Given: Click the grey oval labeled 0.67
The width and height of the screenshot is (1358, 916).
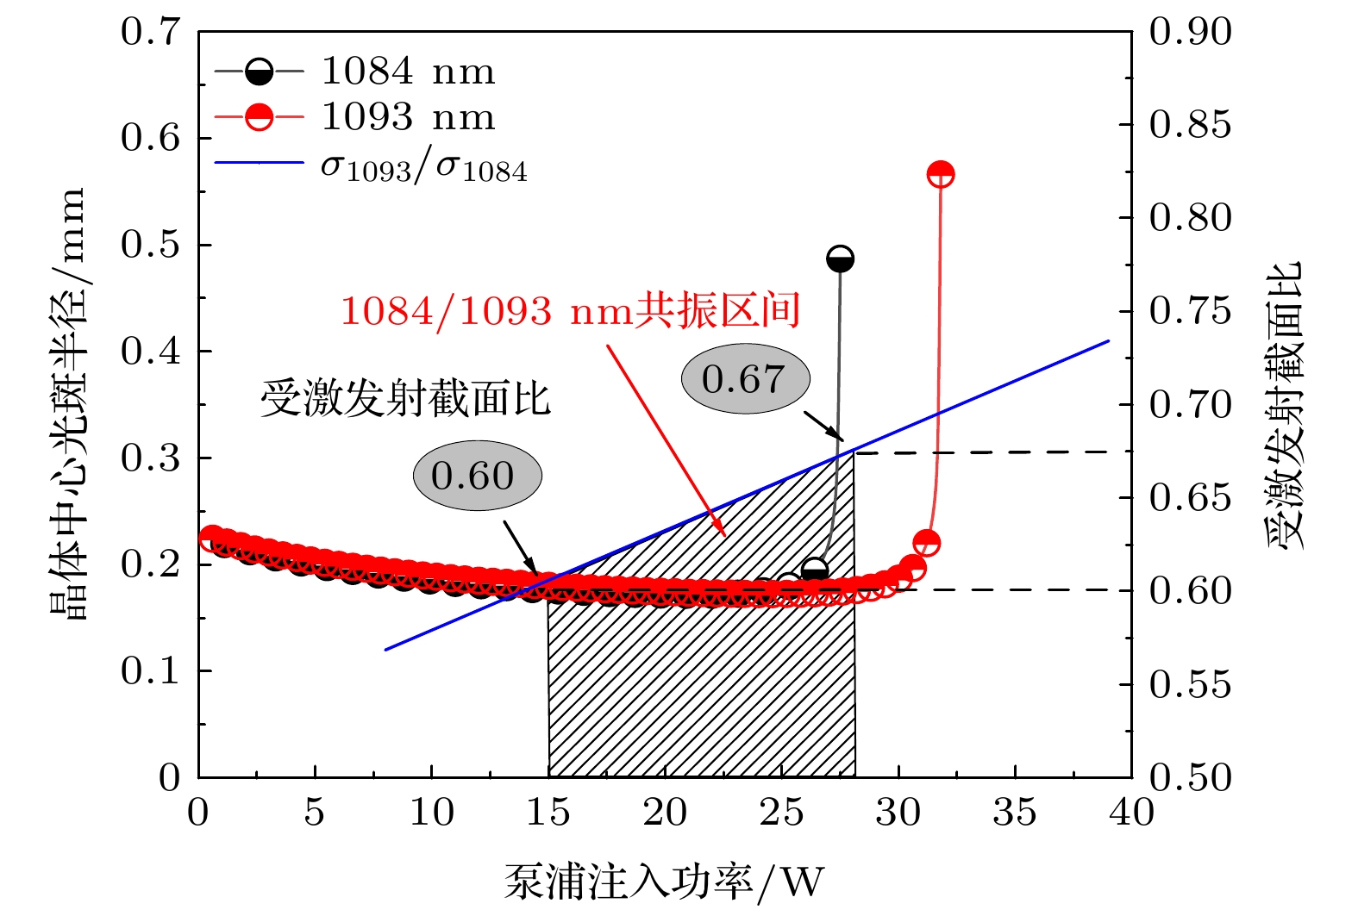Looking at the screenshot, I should [746, 379].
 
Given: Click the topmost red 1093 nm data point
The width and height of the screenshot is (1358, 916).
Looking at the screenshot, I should [940, 174].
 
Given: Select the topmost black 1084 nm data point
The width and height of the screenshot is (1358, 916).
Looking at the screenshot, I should [840, 259].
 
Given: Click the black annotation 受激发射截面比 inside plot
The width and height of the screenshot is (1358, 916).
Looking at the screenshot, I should [405, 399].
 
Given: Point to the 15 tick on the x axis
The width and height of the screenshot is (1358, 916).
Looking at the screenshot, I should [548, 813].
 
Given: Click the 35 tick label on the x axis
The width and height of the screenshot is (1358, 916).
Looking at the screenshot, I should [1015, 813].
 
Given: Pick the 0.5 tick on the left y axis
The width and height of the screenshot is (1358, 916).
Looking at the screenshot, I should [151, 245].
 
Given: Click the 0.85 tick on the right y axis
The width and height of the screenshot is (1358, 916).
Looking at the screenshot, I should [1190, 124].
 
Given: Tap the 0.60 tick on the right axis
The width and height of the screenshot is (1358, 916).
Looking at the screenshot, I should [1190, 590].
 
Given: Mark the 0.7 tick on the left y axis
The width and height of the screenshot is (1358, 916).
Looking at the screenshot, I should [151, 32].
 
